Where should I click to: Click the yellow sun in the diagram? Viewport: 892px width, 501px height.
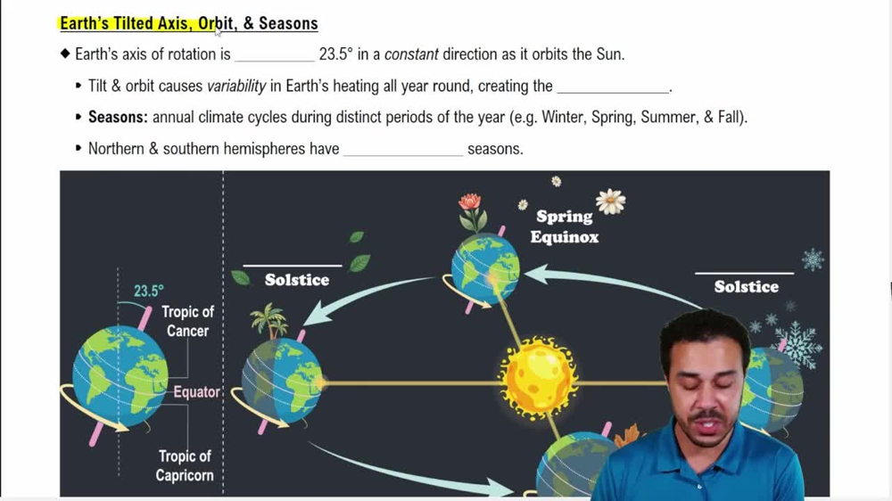point(539,377)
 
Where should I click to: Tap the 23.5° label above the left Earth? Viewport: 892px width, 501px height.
point(149,291)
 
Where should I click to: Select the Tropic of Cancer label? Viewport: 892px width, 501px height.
point(187,321)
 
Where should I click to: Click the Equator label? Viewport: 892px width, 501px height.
point(196,392)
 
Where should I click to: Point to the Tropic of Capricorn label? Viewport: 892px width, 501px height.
point(185,465)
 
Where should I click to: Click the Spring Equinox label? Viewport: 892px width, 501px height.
point(564,226)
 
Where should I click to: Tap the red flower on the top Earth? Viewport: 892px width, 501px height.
point(470,203)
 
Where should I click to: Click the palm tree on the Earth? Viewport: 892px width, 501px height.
point(269,319)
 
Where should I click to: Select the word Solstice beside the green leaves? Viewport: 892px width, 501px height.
point(297,280)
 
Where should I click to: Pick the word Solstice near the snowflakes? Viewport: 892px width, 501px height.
point(746,286)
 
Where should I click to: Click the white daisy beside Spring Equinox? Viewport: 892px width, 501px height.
point(610,201)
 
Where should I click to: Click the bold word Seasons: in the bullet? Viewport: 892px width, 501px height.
point(118,117)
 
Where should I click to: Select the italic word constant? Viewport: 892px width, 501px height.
point(411,54)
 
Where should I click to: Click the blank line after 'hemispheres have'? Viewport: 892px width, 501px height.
point(403,150)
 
